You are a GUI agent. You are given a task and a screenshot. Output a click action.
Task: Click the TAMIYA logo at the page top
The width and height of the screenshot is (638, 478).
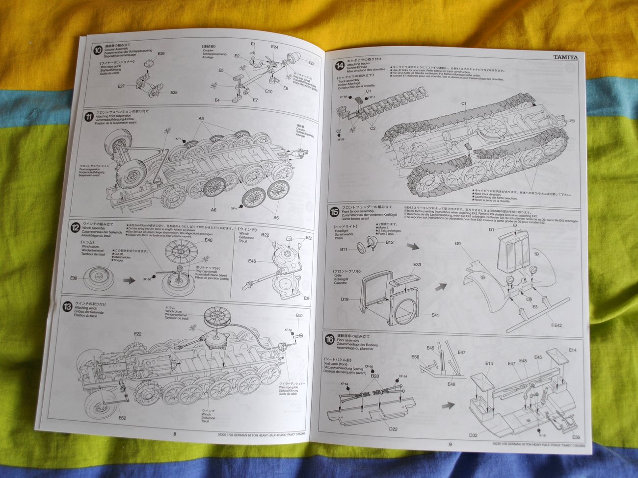click(566, 56)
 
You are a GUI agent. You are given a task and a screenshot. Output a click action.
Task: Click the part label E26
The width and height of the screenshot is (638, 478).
click(161, 53)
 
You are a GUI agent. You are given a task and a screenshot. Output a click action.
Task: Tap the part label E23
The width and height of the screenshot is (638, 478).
click(311, 63)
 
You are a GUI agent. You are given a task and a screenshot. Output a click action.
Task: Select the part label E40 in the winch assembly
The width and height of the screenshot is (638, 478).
click(209, 240)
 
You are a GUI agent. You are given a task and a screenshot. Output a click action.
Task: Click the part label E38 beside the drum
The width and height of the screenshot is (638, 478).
click(74, 278)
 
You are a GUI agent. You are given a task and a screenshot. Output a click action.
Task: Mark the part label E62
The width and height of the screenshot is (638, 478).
click(122, 418)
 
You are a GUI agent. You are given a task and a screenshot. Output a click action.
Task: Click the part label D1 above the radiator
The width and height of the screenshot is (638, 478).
click(492, 229)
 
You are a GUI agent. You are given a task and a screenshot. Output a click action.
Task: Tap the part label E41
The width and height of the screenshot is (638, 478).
click(435, 315)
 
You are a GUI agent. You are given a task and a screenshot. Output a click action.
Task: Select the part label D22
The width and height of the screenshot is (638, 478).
click(393, 429)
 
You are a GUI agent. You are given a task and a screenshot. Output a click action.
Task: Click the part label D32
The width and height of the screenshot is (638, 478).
click(473, 435)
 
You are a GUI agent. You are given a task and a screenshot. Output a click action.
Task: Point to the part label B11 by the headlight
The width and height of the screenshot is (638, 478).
click(344, 250)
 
